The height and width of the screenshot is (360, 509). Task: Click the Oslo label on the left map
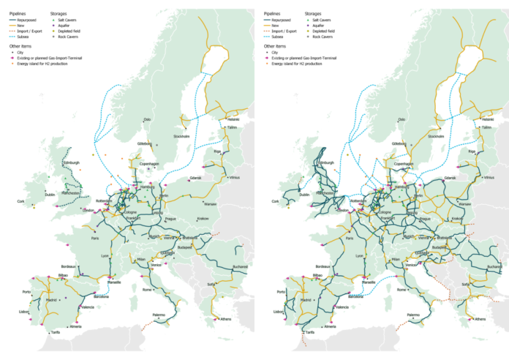point(147,119)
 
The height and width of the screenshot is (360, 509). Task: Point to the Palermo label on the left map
point(162,315)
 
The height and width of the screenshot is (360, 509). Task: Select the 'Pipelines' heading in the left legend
point(18,12)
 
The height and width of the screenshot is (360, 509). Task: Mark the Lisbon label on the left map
point(25,312)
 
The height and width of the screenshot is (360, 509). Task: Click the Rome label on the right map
point(400,290)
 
